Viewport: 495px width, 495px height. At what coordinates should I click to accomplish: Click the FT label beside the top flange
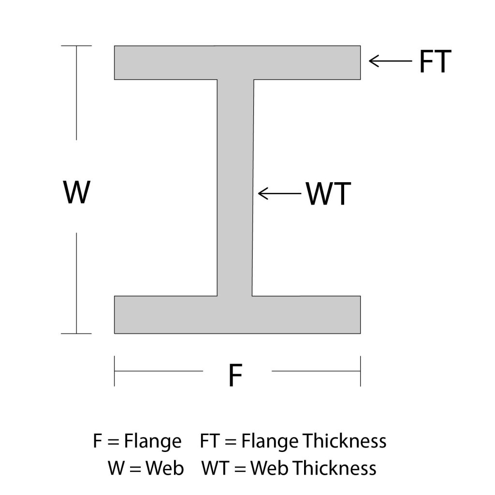click(x=435, y=61)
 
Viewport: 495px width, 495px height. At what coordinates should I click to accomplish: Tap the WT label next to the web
click(x=328, y=193)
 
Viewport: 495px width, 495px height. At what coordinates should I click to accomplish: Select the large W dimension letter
click(x=77, y=192)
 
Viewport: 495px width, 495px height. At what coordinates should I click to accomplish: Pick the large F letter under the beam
click(x=235, y=375)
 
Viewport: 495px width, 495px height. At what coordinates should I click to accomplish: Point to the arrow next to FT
click(x=391, y=61)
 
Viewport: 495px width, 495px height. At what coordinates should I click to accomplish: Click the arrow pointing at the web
click(x=280, y=193)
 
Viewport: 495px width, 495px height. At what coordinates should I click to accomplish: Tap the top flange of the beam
click(x=237, y=62)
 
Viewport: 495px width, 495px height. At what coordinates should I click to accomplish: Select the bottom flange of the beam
click(x=237, y=315)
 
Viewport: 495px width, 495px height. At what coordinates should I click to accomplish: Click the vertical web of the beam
click(x=235, y=188)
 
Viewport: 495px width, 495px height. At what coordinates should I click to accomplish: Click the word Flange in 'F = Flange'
click(x=153, y=441)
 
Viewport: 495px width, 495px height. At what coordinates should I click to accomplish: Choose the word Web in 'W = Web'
click(x=165, y=468)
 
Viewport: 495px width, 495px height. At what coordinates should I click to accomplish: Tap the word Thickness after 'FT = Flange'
click(x=345, y=441)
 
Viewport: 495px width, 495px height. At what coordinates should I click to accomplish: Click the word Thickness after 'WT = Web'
click(x=335, y=468)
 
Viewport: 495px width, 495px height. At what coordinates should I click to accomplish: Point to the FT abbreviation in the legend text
click(x=210, y=441)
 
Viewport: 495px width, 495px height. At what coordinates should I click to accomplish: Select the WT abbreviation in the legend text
click(x=215, y=468)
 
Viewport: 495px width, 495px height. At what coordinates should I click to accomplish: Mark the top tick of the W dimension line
click(x=76, y=46)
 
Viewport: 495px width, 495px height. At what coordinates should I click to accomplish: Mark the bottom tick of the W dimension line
click(x=76, y=334)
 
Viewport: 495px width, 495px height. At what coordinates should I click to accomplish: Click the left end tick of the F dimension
click(x=114, y=371)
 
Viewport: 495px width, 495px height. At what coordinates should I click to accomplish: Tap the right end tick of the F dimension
click(x=360, y=371)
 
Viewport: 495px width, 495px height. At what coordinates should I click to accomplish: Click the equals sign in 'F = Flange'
click(x=113, y=442)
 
